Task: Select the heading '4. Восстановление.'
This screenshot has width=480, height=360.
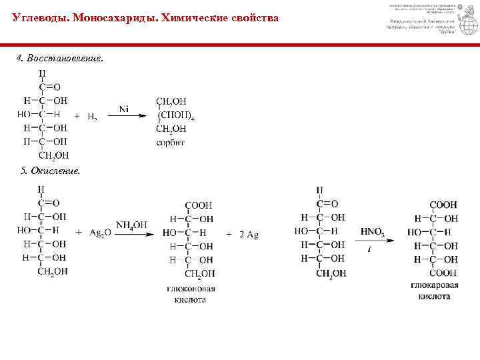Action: click(60, 58)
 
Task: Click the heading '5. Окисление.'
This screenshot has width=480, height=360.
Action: click(51, 171)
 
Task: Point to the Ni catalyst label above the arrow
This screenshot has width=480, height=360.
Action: click(124, 108)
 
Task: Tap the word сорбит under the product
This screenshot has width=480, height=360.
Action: click(171, 142)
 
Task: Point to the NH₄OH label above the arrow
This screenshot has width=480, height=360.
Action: click(131, 225)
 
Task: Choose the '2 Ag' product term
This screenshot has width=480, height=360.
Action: click(247, 234)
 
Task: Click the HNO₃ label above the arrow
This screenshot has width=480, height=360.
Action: click(372, 231)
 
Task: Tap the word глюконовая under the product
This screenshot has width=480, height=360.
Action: click(192, 288)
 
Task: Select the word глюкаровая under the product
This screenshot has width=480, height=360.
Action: click(434, 285)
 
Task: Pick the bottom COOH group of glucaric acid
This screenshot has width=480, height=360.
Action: click(443, 273)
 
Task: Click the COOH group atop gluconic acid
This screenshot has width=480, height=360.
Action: click(199, 205)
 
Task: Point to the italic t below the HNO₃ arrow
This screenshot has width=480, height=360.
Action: click(369, 248)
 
